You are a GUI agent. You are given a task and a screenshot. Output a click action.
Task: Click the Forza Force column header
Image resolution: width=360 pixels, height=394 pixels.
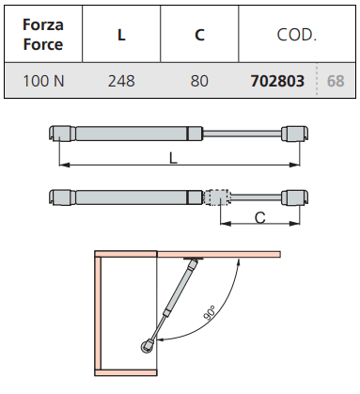point(43,34)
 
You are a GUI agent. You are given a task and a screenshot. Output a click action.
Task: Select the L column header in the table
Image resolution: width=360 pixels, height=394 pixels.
point(121,35)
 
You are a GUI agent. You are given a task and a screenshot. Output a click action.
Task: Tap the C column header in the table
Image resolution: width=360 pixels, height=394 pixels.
point(199,35)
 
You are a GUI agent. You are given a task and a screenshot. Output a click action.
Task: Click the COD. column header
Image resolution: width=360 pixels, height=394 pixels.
point(297,35)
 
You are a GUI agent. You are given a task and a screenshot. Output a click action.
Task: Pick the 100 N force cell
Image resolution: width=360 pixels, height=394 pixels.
point(43,81)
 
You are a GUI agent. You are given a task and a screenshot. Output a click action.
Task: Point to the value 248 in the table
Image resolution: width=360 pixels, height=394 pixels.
point(121,81)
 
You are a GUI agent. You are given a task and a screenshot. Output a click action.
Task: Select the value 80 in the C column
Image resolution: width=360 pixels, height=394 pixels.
point(199,81)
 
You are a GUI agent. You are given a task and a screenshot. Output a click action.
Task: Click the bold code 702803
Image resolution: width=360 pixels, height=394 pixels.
point(277,81)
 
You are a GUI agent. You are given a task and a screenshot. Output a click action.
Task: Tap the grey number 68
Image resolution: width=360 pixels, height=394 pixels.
point(336,81)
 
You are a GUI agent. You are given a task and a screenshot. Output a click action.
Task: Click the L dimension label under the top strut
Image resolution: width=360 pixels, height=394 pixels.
point(173,158)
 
